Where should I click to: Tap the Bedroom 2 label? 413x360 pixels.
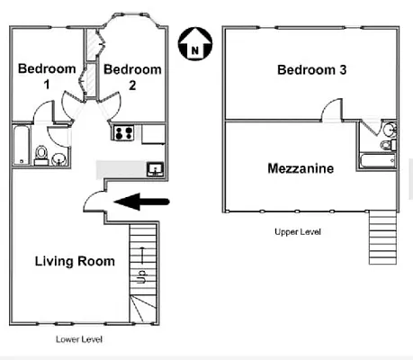pyautogui.click(x=132, y=76)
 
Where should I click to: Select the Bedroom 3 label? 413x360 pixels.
pyautogui.click(x=311, y=70)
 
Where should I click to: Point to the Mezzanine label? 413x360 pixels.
pyautogui.click(x=301, y=168)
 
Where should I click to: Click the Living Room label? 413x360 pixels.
pyautogui.click(x=75, y=262)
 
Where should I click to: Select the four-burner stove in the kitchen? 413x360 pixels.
pyautogui.click(x=123, y=133)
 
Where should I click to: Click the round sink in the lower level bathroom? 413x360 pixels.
pyautogui.click(x=59, y=160)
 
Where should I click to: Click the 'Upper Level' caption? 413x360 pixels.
pyautogui.click(x=297, y=232)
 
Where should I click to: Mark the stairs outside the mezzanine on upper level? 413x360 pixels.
pyautogui.click(x=382, y=236)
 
